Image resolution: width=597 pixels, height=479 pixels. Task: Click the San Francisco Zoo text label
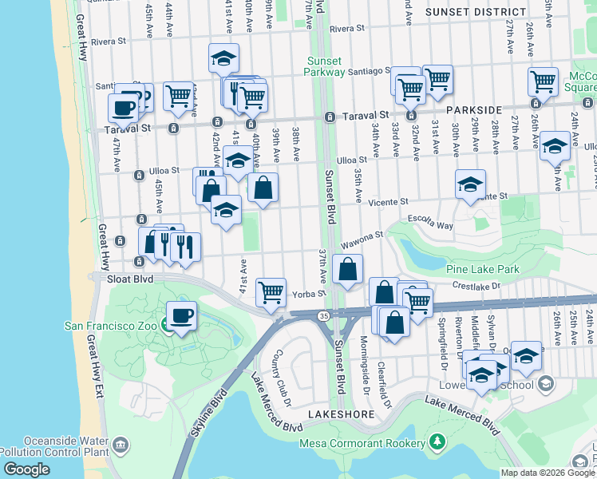coord(111,325)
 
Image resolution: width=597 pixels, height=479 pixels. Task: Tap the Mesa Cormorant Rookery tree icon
coord(437,441)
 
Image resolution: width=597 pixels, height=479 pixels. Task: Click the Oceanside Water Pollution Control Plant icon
coord(120,445)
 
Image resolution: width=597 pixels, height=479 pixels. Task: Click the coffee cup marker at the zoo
coord(181,315)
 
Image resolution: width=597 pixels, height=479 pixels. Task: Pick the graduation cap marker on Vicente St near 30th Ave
coord(470,183)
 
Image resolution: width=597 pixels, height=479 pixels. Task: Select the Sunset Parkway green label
coord(329,66)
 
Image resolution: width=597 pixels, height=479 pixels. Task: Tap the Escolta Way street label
coord(430,226)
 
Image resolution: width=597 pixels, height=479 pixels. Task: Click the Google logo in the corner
coord(26,469)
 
